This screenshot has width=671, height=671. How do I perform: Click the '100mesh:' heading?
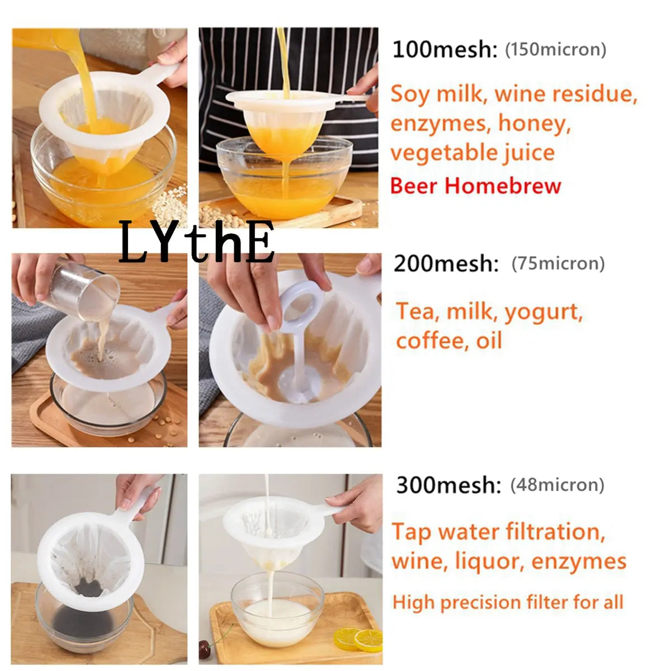click(445, 49)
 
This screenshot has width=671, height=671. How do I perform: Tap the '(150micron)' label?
click(555, 49)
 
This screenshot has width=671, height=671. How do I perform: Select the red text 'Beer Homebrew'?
click(476, 186)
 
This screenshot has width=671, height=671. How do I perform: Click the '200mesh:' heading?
click(446, 263)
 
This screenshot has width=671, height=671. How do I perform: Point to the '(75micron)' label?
click(558, 263)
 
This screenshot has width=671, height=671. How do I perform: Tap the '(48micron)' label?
click(557, 485)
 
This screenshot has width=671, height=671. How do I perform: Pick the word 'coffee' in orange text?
click(432, 340)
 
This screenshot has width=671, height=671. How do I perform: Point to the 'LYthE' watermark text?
click(197, 242)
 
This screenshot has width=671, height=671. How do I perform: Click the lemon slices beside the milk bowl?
click(358, 639)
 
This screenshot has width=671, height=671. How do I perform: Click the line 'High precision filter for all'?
click(508, 602)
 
